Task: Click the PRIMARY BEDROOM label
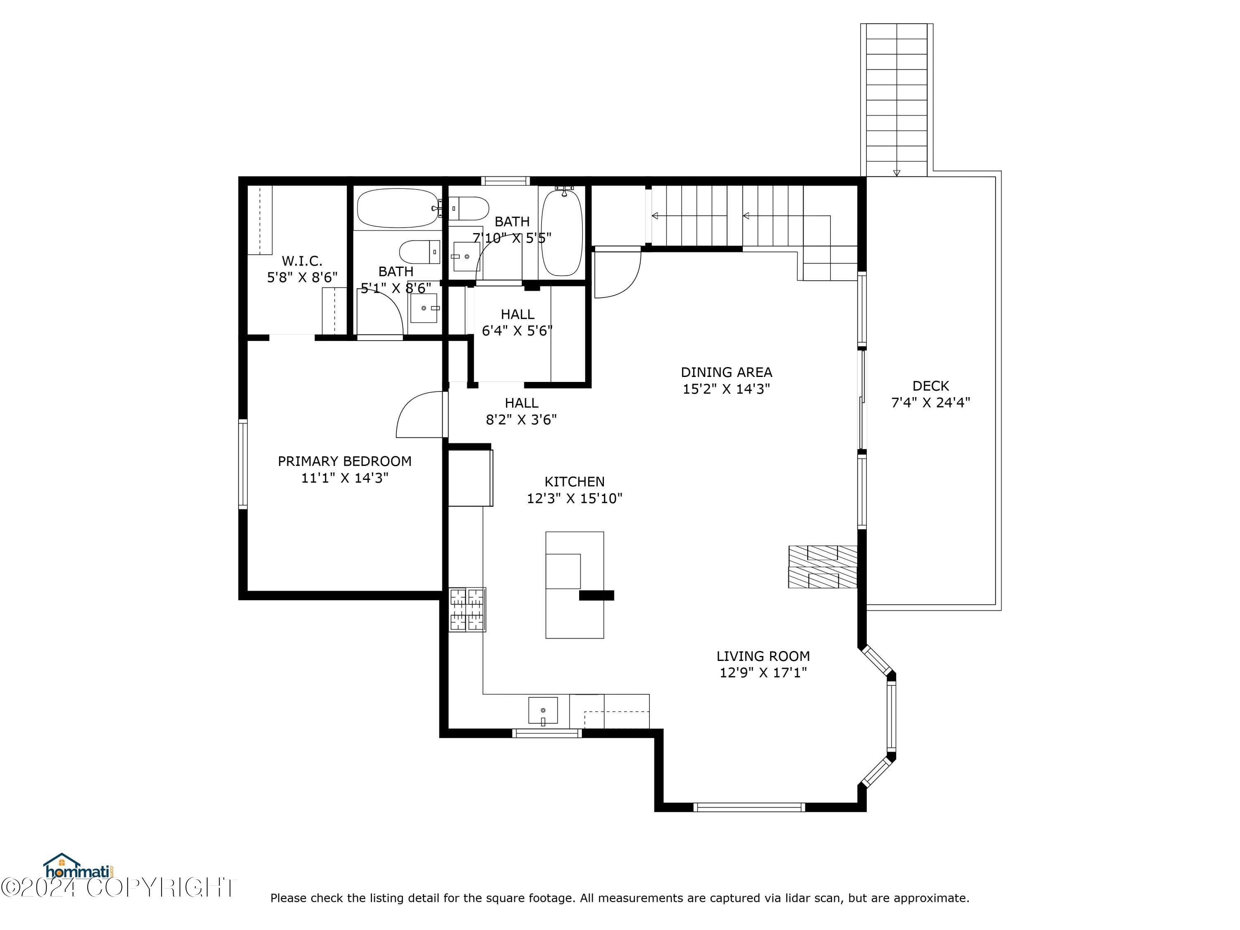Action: pos(344,461)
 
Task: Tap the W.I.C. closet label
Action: pos(302,261)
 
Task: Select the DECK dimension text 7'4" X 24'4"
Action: pos(930,403)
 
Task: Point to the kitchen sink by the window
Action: pos(543,710)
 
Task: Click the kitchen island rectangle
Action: pos(575,585)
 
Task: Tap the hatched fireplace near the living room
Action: pos(823,567)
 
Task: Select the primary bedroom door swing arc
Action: pos(417,414)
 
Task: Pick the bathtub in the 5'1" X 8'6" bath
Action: pos(398,208)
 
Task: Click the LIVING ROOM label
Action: pos(763,656)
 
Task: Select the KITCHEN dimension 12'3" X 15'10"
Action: pos(575,498)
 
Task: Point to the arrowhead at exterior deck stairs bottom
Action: pos(897,173)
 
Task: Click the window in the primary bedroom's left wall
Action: pos(243,465)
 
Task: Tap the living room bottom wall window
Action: pos(749,807)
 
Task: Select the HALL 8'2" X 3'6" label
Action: pos(521,411)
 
